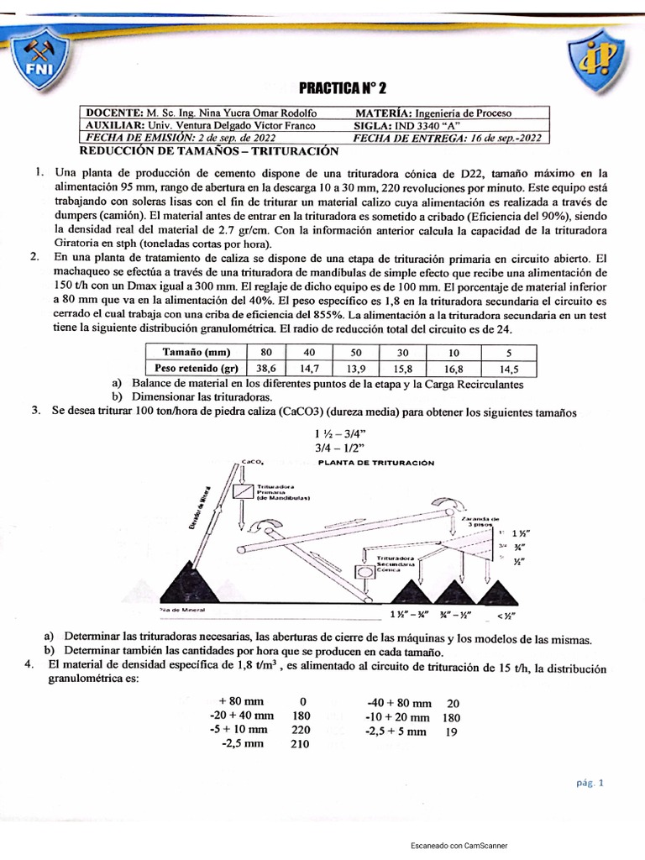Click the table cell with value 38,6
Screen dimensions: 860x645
pos(265,367)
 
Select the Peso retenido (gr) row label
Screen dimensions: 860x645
pos(193,367)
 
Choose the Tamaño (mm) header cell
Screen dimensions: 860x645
pos(193,351)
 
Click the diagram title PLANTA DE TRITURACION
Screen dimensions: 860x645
pos(376,462)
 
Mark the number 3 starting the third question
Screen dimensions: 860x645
pos(36,410)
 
